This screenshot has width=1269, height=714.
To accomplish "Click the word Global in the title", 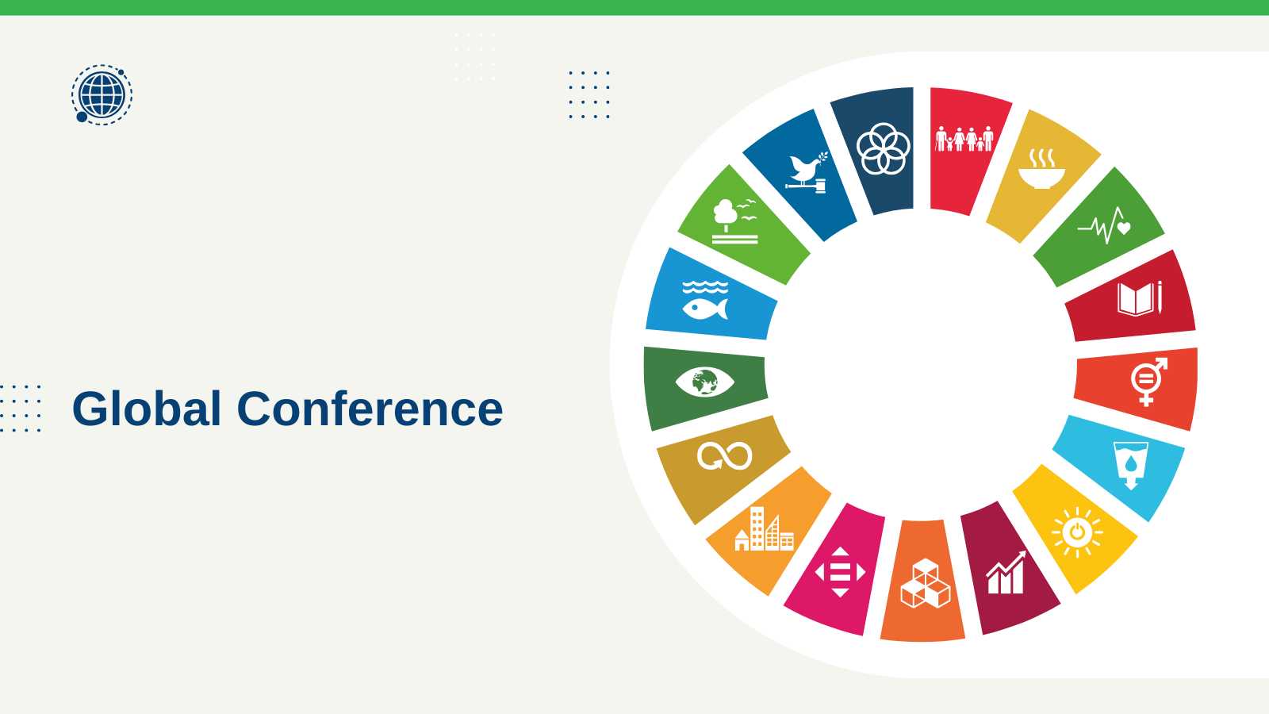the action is tap(147, 408).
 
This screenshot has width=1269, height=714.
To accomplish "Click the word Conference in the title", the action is tap(370, 408).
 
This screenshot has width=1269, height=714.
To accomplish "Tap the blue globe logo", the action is tap(102, 94).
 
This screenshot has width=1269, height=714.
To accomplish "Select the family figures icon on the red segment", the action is tap(964, 139).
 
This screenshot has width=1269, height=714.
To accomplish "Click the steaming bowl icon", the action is tap(1041, 168).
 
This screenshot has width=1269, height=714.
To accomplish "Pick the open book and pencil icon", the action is tap(1140, 298).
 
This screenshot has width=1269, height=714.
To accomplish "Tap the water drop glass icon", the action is tap(1131, 466).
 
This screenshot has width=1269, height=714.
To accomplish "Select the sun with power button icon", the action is tap(1077, 532).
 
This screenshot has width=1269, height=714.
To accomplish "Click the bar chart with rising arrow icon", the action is tap(1006, 572).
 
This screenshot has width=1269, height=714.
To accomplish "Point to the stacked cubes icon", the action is tap(925, 583).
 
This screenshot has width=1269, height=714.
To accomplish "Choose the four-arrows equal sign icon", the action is tap(840, 572).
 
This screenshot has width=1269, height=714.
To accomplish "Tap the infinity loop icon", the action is tap(725, 456).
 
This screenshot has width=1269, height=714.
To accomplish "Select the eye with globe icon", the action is tap(705, 382).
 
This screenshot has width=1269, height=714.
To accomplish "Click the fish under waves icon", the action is tap(705, 300).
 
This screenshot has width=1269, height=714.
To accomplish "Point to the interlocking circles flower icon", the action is tap(884, 148).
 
